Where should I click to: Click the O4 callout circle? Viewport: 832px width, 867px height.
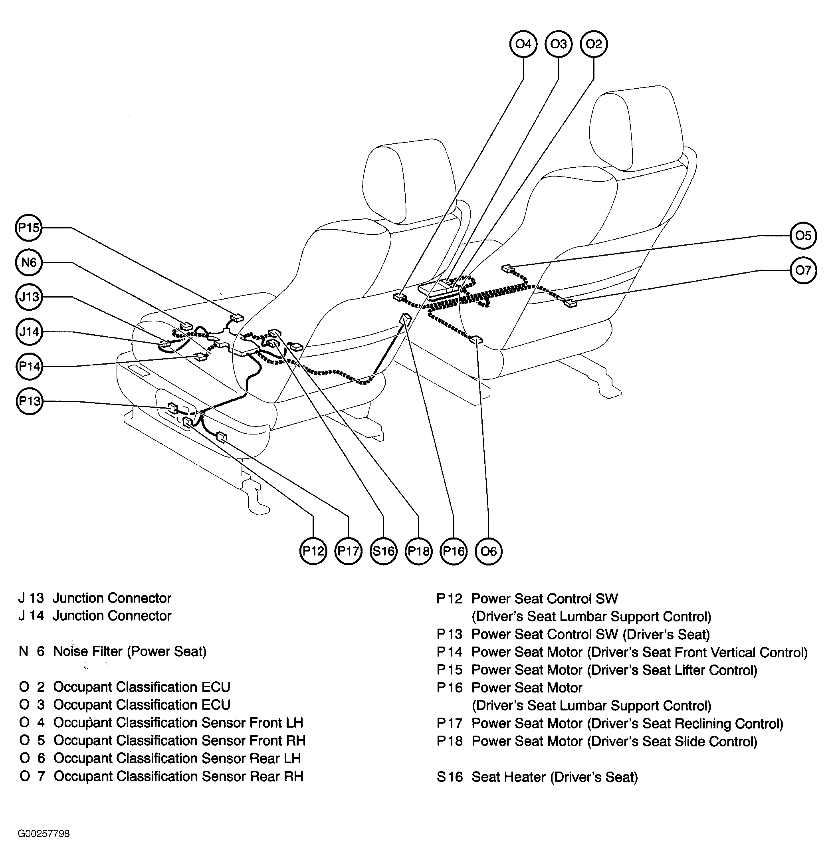(523, 44)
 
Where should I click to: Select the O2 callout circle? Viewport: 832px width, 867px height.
(594, 44)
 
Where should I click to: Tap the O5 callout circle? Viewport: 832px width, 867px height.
(803, 235)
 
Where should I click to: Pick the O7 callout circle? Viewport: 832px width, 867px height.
(803, 270)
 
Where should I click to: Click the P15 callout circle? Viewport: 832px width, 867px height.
(29, 227)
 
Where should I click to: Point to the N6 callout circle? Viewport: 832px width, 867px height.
(29, 262)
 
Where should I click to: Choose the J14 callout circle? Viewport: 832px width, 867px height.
(29, 332)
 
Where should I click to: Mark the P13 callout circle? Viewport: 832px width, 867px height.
(29, 401)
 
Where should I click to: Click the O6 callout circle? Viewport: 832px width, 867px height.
(488, 551)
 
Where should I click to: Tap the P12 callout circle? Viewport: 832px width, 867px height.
(313, 551)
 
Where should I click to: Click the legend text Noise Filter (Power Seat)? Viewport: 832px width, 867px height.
(130, 652)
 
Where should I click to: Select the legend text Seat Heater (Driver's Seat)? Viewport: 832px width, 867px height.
(555, 777)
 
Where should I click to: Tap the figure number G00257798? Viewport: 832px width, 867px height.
(44, 834)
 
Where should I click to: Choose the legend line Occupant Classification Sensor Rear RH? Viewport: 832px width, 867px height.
(162, 776)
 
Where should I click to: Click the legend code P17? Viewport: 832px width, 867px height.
(450, 724)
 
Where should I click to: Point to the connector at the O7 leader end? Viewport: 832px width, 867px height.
(570, 304)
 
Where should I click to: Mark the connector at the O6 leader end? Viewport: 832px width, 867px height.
(476, 340)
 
